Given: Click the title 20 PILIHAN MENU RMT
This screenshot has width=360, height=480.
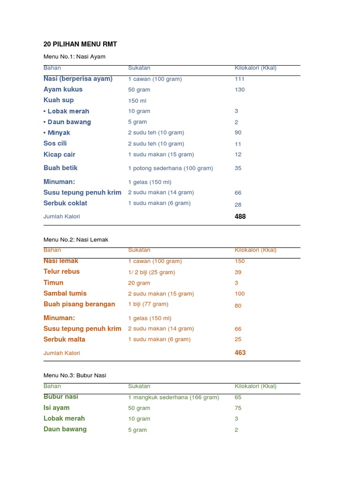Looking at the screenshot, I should [x=80, y=44].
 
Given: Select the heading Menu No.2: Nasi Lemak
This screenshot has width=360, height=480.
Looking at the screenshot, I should [x=76, y=240].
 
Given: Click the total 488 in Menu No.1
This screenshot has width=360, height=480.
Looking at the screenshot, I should [x=240, y=217].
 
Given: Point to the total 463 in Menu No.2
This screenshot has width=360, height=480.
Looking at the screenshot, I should [x=240, y=352].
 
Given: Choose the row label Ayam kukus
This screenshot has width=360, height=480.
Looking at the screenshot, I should [x=63, y=89].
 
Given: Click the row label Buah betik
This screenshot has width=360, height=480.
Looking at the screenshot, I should [x=60, y=168].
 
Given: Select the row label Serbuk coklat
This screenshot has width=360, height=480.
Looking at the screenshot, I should [x=65, y=203].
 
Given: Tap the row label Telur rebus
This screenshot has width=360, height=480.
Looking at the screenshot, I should [x=61, y=271].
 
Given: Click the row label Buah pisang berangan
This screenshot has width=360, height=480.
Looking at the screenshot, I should [x=79, y=304].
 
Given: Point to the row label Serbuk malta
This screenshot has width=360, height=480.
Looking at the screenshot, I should [x=64, y=339].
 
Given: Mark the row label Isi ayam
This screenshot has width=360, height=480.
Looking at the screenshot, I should [x=56, y=408].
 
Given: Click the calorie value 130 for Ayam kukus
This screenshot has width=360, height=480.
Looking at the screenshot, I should [x=240, y=90].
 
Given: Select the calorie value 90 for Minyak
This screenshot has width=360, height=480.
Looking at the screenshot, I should [x=238, y=133].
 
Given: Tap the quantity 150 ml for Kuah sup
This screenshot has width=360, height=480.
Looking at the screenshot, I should [x=136, y=101].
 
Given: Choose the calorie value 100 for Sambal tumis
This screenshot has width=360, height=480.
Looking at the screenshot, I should [x=240, y=294].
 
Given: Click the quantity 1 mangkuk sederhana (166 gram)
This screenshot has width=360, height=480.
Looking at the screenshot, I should [x=173, y=397].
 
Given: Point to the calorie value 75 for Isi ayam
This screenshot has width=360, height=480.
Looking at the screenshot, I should [x=238, y=408].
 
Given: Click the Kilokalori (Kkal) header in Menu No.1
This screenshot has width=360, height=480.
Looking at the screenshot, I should [x=255, y=68].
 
